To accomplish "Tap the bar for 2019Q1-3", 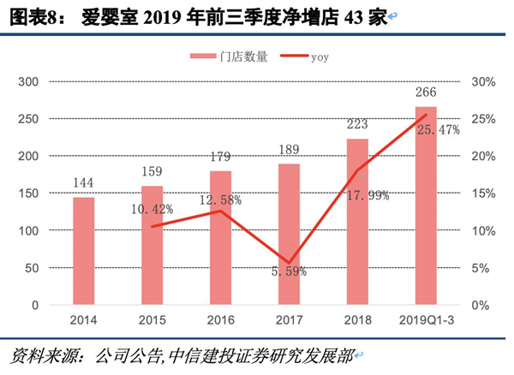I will [426, 205].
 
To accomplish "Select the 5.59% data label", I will [290, 272].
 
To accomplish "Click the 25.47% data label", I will [438, 130].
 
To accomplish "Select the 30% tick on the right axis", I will [484, 82].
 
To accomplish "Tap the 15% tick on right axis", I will [484, 194].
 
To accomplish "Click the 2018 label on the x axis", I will [357, 320].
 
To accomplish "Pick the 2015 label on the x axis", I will [152, 320].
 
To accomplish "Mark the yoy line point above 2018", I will [357, 171].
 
